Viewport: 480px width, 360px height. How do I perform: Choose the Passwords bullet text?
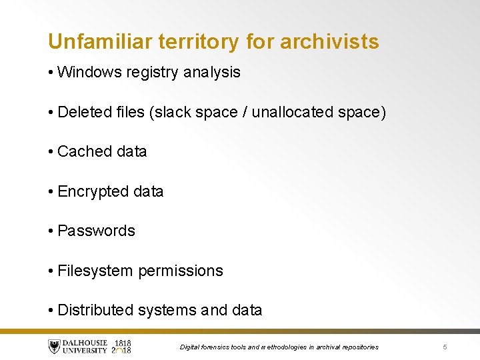(96, 231)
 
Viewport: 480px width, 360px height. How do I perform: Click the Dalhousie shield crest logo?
(54, 347)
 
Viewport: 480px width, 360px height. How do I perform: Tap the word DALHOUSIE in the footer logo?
(85, 343)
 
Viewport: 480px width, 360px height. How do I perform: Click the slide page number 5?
(445, 347)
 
